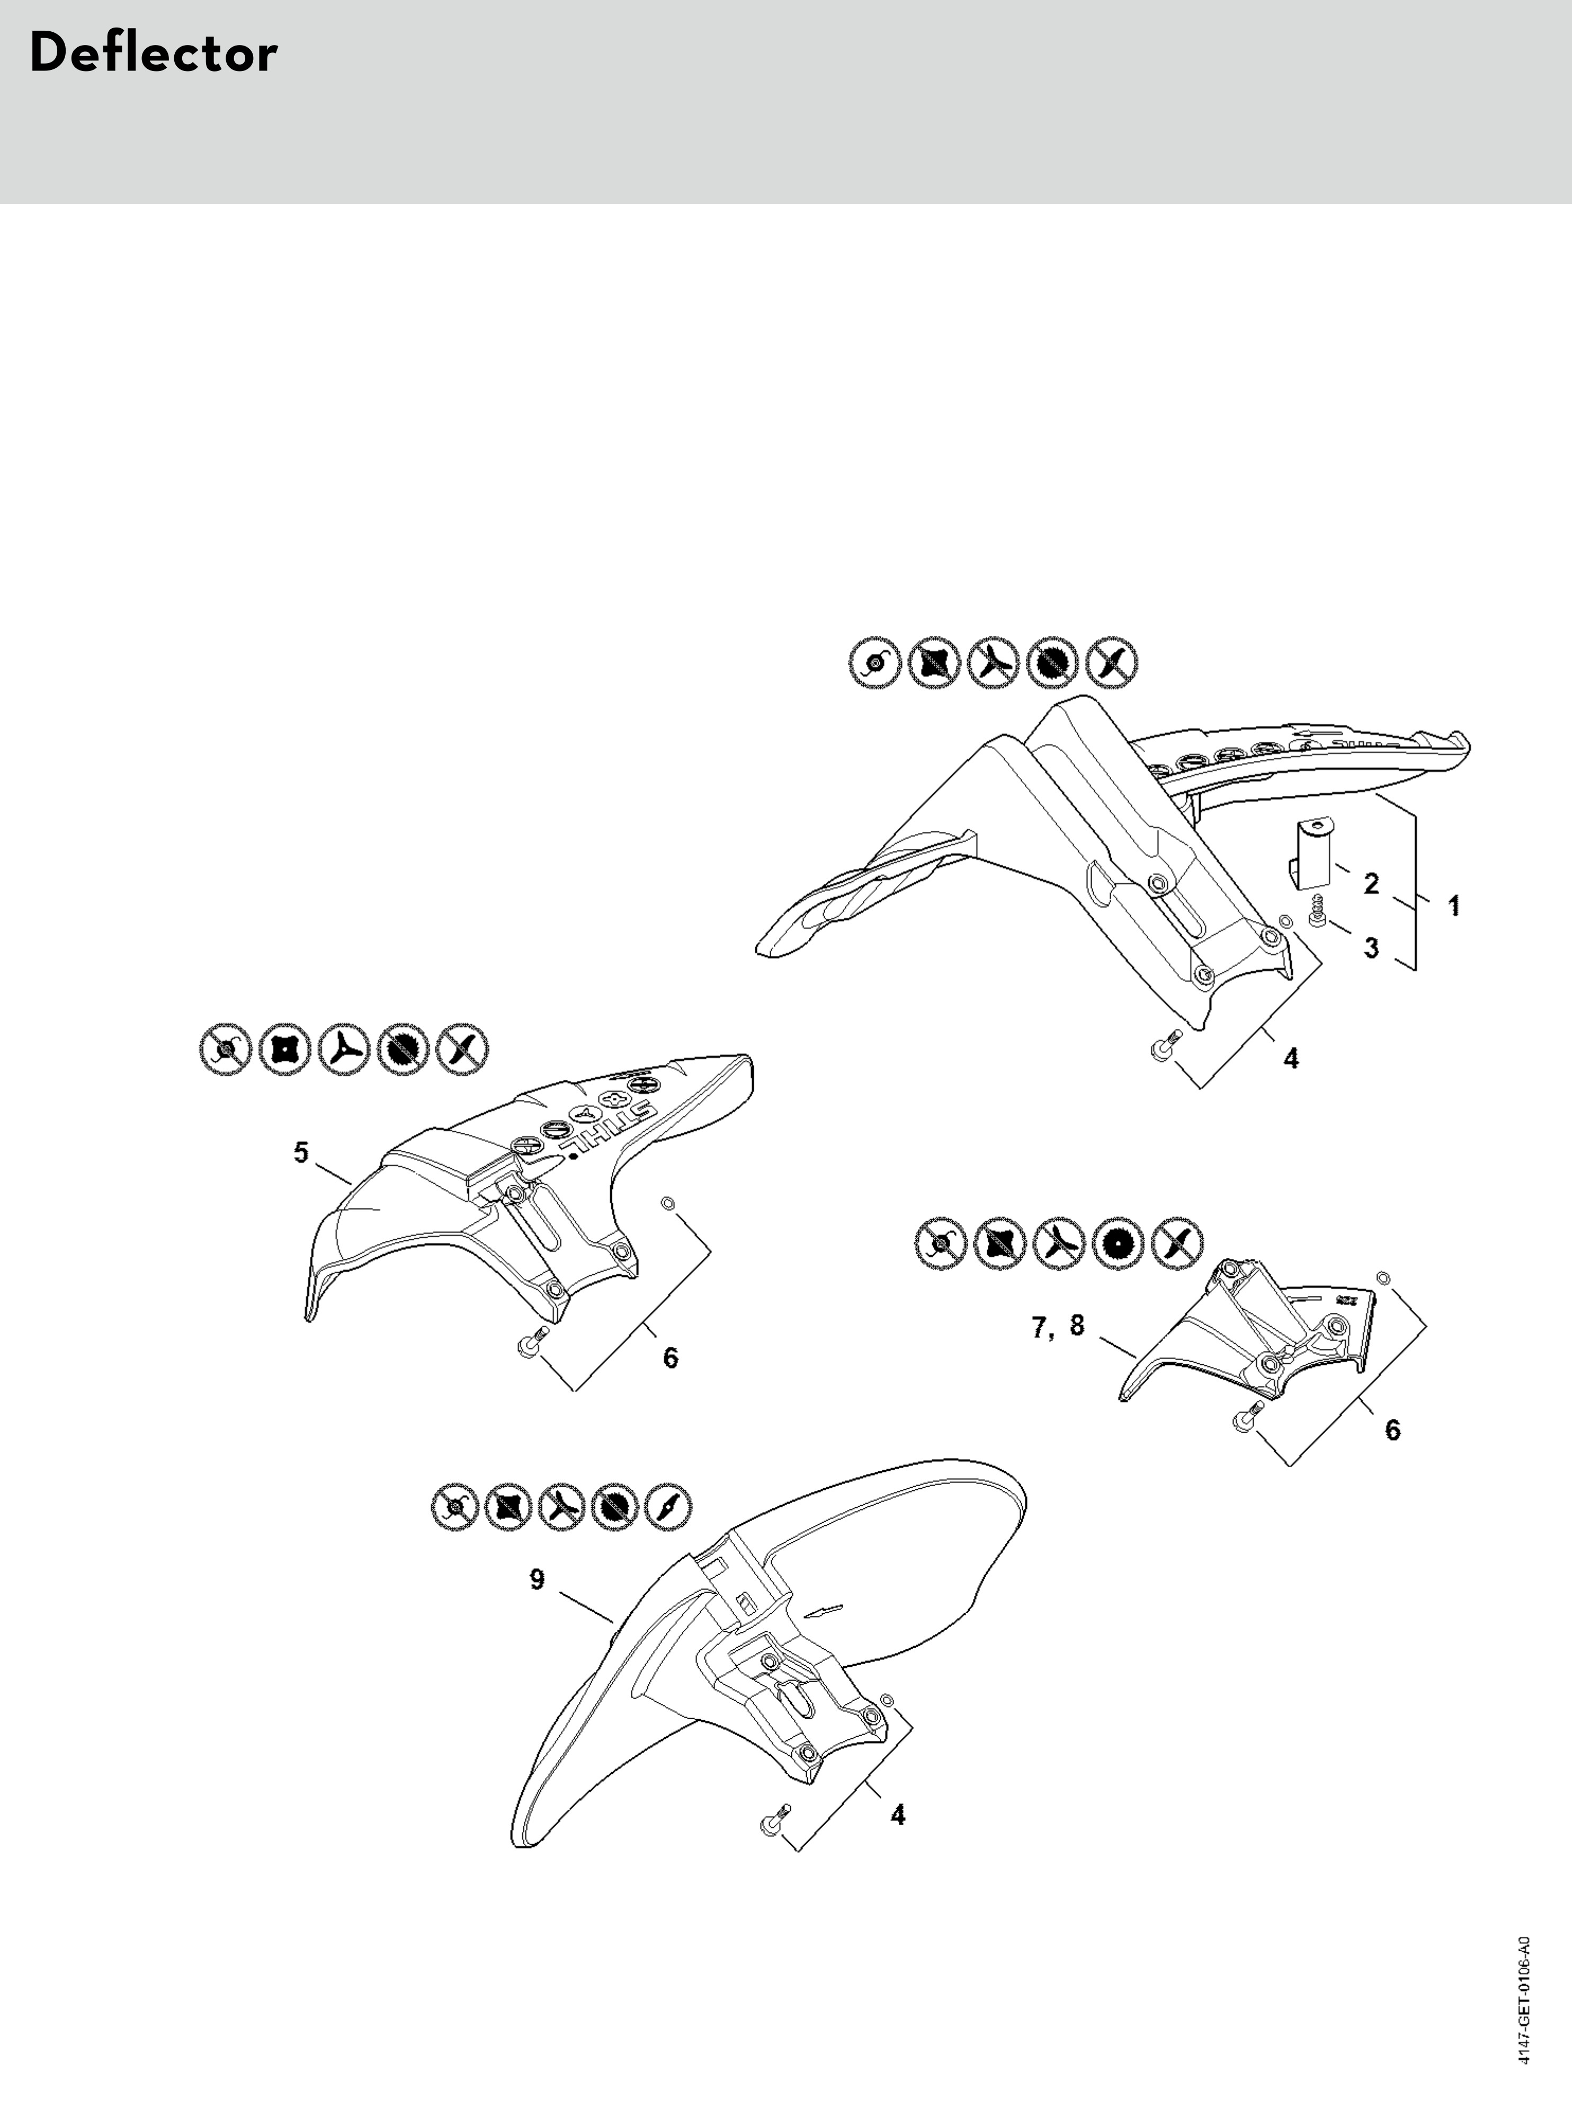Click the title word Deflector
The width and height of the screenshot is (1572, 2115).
pyautogui.click(x=153, y=54)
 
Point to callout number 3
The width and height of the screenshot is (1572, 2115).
pyautogui.click(x=1371, y=948)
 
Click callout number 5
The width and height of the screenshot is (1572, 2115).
pyautogui.click(x=301, y=1153)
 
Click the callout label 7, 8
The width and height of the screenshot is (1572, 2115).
pyautogui.click(x=1058, y=1326)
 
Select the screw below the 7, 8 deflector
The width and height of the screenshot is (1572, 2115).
pyautogui.click(x=1247, y=1416)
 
